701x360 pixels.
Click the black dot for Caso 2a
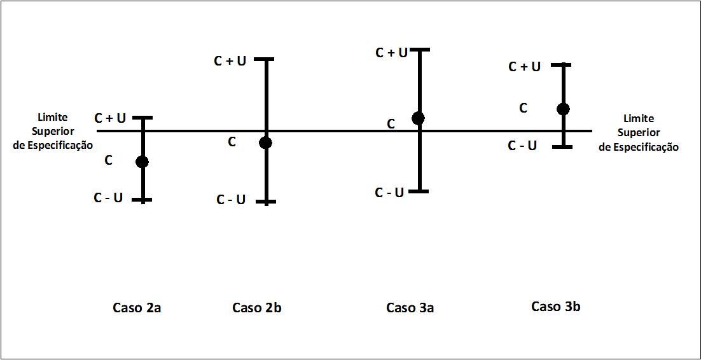(x=142, y=162)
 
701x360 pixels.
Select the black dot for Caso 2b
(x=266, y=142)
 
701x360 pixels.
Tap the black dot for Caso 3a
(x=418, y=118)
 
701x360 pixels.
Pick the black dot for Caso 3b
(x=563, y=109)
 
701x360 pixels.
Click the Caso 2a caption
(x=137, y=308)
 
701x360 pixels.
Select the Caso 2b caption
(x=256, y=308)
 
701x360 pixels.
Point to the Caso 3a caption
(x=410, y=308)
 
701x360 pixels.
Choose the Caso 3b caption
(x=555, y=307)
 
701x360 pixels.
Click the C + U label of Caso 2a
(x=110, y=118)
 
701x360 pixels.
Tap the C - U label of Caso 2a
(x=108, y=198)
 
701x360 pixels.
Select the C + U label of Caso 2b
(x=230, y=61)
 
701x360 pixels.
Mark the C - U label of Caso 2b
(x=231, y=200)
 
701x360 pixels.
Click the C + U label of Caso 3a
(x=391, y=53)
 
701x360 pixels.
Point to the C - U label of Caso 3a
(x=389, y=193)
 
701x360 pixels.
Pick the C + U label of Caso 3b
(x=525, y=66)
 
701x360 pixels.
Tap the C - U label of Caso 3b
(x=522, y=146)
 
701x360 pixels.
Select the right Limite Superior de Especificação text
(x=639, y=133)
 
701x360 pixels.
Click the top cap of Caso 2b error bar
(x=266, y=59)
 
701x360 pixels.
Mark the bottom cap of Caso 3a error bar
(x=419, y=191)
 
